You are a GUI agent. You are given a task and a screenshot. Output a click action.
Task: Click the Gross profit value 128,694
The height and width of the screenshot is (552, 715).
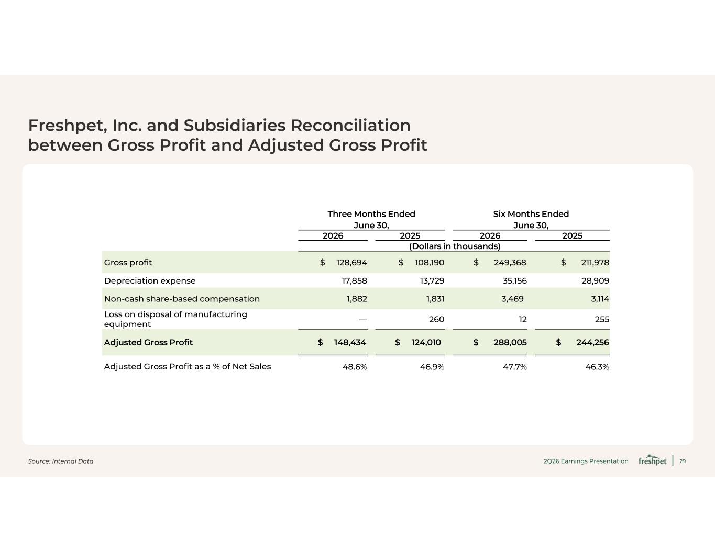(x=351, y=263)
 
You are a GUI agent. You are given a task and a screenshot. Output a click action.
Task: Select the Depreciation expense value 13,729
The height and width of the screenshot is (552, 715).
(x=432, y=280)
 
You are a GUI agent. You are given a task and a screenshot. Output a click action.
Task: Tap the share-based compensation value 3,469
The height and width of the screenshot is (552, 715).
(x=512, y=299)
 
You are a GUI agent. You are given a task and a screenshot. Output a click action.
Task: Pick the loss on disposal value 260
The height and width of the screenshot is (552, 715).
(x=437, y=319)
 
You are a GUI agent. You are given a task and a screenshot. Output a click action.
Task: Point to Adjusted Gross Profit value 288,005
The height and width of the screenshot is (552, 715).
(x=510, y=342)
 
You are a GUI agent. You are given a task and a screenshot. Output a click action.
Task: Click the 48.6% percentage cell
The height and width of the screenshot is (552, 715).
(x=355, y=367)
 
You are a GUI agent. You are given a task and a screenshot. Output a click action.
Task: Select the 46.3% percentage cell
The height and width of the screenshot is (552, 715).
(x=597, y=367)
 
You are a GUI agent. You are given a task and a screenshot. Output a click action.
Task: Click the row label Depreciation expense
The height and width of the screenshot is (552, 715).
(x=150, y=281)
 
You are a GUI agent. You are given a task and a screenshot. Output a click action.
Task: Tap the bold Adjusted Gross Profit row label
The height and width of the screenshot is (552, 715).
(x=148, y=342)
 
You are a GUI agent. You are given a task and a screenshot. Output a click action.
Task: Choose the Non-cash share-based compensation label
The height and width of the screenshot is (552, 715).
(x=182, y=299)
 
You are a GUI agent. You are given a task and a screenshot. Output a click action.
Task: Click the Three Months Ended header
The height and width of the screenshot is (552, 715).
(x=371, y=214)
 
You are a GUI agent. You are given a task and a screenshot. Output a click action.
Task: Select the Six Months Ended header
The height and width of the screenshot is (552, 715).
(x=531, y=214)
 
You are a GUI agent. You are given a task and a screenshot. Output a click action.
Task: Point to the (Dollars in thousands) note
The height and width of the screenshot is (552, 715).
(x=454, y=246)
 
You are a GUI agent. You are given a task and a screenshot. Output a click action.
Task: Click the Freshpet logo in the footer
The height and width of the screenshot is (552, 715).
(x=652, y=460)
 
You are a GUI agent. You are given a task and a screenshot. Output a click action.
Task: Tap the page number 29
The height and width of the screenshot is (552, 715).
(x=683, y=461)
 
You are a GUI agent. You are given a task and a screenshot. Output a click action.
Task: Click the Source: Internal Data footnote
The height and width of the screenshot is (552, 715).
(x=61, y=461)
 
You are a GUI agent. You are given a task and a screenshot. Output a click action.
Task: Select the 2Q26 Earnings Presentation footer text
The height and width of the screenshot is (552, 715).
(x=586, y=461)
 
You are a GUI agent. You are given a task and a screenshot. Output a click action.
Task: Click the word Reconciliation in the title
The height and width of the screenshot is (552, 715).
(x=350, y=125)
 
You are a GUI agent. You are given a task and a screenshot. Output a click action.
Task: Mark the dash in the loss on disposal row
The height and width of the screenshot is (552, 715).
(x=363, y=319)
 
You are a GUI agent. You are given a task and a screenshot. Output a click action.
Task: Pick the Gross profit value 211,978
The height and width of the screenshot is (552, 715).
(x=595, y=263)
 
